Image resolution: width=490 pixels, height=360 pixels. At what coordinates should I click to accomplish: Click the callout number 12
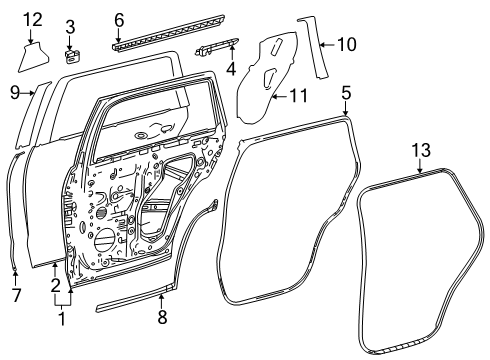[x=32, y=19]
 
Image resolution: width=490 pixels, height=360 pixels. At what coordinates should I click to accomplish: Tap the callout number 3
[x=71, y=26]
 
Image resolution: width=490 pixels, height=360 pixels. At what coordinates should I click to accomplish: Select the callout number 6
[x=118, y=19]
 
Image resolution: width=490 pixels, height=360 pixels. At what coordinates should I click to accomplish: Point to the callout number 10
[x=345, y=44]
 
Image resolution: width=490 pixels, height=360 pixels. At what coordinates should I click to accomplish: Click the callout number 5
[x=345, y=93]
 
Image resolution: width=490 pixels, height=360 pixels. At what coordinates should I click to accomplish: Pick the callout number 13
[x=421, y=149]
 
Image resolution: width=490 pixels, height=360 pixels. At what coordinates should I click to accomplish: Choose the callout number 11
[x=296, y=97]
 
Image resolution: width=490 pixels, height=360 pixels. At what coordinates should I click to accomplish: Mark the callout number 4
[x=231, y=69]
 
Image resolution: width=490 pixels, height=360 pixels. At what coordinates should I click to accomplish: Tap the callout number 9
[x=15, y=93]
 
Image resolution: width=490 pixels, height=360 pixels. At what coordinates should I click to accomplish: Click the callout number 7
[x=15, y=295]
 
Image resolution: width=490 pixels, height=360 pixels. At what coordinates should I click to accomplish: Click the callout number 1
[x=62, y=321]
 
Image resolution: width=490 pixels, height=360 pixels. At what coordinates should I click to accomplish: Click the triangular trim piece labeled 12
[x=35, y=56]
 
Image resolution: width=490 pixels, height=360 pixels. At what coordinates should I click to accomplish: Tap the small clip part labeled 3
[x=72, y=56]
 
